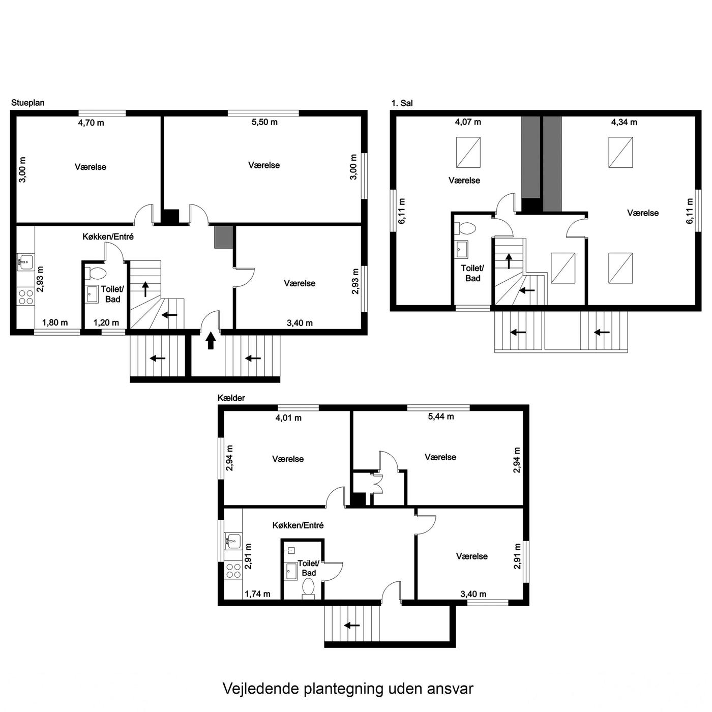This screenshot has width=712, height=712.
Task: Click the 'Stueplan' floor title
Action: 27,103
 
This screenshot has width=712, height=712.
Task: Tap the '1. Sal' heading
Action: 402,103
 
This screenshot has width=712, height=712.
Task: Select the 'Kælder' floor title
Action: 231,398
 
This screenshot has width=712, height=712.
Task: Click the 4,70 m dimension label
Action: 91,123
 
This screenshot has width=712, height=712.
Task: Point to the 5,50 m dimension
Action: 264,122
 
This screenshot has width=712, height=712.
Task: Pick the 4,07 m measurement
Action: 468,122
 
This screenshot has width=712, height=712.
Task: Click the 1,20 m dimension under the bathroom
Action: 106,322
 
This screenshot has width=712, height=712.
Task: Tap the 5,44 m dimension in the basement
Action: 441,417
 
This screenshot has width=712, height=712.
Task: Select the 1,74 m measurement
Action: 257,594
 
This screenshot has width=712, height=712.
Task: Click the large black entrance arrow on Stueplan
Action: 211,340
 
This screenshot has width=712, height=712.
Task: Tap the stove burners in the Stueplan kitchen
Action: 26,297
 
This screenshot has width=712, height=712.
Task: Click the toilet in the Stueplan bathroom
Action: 96,274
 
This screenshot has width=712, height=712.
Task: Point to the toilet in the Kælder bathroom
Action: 308,588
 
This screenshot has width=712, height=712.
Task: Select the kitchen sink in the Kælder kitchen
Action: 233,541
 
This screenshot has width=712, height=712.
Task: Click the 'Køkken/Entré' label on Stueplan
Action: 108,236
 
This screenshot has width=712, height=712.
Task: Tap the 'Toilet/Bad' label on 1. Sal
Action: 472,273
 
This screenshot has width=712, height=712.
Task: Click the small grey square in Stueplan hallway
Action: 224,237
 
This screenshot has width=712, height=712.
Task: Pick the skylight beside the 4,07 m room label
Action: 468,152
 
